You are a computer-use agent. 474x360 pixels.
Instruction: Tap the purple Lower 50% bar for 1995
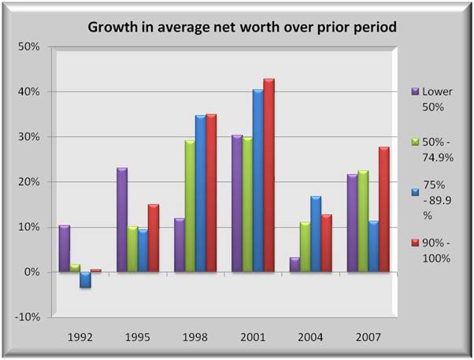[x=122, y=220]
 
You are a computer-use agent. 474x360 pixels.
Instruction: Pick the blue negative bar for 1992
[x=86, y=280]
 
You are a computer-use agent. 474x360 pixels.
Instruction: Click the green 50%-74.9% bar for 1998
[x=189, y=206]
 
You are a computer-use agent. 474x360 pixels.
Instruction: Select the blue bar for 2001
[x=257, y=181]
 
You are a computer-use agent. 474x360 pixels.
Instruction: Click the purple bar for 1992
[x=65, y=249]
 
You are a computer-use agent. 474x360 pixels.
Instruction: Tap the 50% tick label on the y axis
[x=28, y=46]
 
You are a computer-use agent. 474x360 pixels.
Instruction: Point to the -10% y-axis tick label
[x=27, y=317]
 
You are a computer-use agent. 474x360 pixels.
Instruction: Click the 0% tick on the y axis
[x=32, y=273]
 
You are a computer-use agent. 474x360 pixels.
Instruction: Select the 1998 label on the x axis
[x=194, y=336]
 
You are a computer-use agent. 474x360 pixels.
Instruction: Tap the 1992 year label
[x=81, y=336]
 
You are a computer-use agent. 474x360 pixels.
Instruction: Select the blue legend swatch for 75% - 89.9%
[x=414, y=191]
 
